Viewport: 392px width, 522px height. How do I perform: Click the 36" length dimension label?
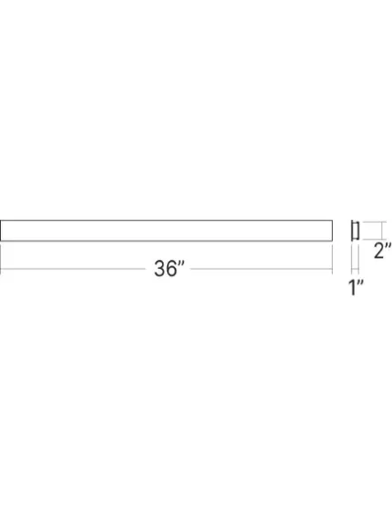pyautogui.click(x=169, y=268)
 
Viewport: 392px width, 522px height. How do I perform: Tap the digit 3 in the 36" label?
pyautogui.click(x=159, y=269)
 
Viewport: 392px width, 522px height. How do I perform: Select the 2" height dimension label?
pyautogui.click(x=382, y=250)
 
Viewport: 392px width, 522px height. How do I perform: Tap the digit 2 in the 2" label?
pyautogui.click(x=379, y=250)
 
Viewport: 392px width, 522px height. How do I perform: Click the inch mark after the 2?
pyautogui.click(x=388, y=246)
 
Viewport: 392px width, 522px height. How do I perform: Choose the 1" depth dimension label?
pyautogui.click(x=356, y=288)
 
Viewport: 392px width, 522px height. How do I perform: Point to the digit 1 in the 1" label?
pyautogui.click(x=352, y=288)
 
